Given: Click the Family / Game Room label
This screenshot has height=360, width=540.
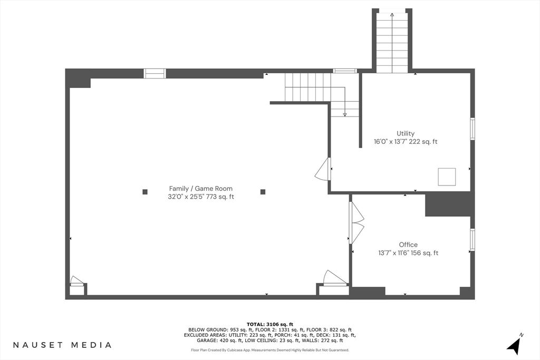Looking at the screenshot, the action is [201, 189].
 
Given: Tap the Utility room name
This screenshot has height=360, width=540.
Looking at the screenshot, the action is [406, 133].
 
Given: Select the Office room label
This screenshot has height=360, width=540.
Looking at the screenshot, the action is [408, 245].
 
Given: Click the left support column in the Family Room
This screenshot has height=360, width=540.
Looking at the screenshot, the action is [145, 192].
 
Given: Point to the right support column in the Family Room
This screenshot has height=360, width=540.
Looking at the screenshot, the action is [263, 192].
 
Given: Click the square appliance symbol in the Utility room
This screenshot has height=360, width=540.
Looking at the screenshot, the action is [447, 177].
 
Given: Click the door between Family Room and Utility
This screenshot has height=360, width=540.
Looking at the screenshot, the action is [323, 169].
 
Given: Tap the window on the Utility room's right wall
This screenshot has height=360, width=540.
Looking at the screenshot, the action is [472, 129].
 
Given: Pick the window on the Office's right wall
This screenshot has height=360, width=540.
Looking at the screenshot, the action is [472, 239].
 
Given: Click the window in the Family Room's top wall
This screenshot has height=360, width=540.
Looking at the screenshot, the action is [155, 74].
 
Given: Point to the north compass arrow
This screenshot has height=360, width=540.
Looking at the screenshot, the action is [515, 345].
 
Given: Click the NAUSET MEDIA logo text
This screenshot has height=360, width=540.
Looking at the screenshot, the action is [62, 345].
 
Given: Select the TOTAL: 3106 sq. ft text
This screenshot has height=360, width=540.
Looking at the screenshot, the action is [270, 324].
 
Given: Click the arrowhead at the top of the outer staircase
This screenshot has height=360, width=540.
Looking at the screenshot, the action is [392, 14].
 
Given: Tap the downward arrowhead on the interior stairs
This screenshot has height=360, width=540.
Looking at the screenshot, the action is [345, 114].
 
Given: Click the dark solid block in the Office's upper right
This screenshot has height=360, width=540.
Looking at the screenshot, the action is [448, 205].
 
